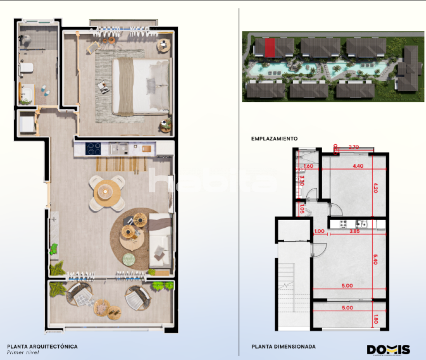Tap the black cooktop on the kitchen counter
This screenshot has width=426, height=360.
(93, 149)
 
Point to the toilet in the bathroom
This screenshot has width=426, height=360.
(26, 68)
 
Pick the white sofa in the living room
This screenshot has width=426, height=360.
(161, 241)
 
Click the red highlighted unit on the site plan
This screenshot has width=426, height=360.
(270, 47)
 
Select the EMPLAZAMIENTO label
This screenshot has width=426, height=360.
(274, 139)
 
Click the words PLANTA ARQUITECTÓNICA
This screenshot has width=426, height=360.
(42, 346)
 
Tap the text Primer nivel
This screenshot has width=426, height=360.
(23, 353)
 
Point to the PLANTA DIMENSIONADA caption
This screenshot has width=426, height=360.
(283, 347)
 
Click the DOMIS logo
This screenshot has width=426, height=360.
(388, 350)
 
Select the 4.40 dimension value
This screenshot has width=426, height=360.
(358, 166)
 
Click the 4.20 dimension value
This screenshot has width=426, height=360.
(376, 188)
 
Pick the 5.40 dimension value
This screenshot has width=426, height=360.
(376, 260)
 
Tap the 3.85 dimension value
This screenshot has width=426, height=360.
(354, 231)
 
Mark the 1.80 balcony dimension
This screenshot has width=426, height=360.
(376, 319)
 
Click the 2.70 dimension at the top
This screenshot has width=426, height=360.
(353, 147)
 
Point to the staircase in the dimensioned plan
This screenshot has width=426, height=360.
(286, 286)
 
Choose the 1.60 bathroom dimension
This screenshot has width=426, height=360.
(309, 166)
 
